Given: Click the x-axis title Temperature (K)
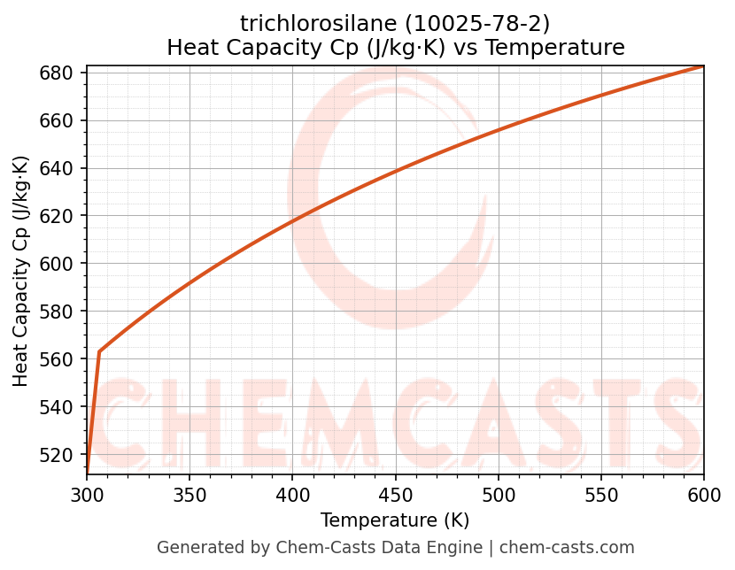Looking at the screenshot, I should point(395,520).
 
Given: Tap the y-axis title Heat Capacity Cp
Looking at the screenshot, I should point(21,271).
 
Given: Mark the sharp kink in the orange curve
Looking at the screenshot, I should point(99,351).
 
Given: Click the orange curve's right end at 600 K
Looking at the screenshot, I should point(703,65).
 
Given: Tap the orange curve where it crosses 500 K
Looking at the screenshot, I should point(499,130).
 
